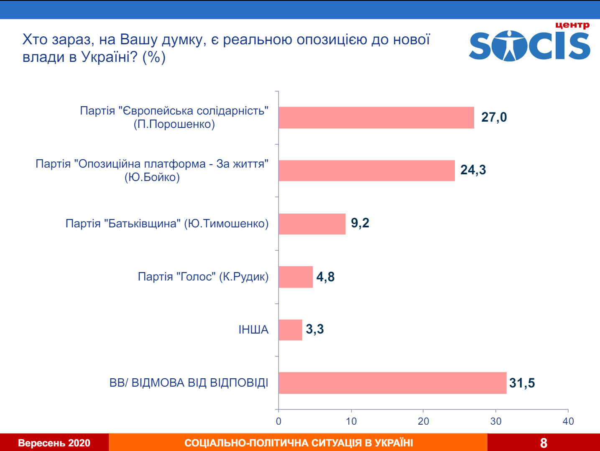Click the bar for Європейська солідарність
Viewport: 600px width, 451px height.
point(376,117)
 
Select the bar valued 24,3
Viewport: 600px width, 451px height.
point(367,171)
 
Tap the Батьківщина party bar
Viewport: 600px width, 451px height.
point(312,224)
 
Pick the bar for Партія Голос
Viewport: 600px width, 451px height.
point(296,277)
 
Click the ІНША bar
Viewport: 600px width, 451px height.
point(290,330)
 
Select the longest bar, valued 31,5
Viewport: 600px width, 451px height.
point(392,383)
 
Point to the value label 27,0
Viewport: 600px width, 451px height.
point(494,117)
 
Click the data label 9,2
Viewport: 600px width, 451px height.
point(360,223)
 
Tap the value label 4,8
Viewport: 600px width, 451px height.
point(325,277)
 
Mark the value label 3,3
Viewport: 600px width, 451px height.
point(315,329)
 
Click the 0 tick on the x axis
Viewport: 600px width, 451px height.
point(278,421)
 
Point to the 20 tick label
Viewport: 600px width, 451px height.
point(424,421)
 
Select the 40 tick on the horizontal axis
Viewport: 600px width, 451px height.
point(568,421)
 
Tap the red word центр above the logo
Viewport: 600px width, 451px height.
point(572,25)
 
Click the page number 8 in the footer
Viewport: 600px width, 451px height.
point(544,443)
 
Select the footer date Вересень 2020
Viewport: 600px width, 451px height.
point(54,443)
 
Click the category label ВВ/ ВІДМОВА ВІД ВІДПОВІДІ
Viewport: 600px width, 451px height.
point(189,383)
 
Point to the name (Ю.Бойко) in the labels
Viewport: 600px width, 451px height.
point(152,177)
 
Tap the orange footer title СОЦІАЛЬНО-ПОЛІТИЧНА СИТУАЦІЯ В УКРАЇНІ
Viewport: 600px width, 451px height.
point(299,443)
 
